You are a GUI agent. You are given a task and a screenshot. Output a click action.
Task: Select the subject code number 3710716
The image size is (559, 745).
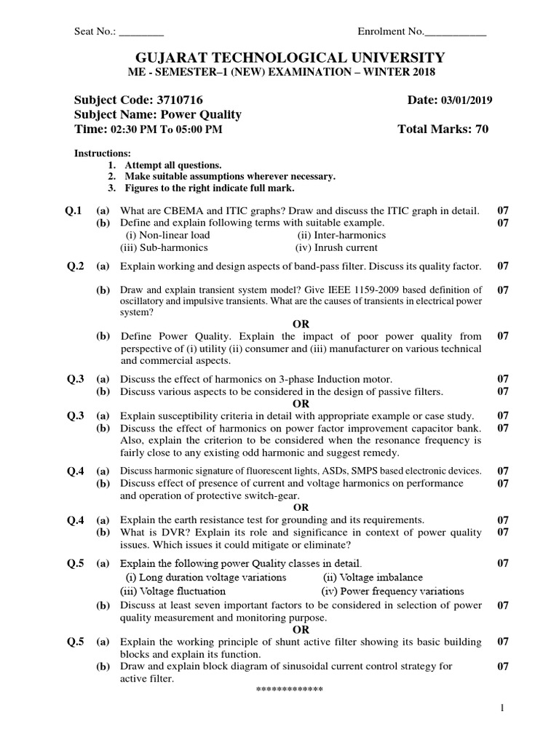pos(178,100)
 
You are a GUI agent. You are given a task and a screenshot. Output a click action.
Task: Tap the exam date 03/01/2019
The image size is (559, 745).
pos(467,100)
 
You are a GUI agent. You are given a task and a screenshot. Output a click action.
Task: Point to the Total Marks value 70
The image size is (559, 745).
pos(481,130)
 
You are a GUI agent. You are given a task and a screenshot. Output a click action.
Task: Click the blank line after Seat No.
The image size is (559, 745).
pos(141,32)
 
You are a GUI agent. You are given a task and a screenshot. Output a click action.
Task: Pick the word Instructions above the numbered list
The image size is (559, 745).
pos(103,154)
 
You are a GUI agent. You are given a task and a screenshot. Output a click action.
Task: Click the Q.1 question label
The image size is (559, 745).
pos(75,210)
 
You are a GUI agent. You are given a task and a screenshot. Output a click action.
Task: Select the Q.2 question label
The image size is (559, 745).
pos(75,266)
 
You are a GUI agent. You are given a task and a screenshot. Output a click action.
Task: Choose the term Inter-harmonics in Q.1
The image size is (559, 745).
pos(341,235)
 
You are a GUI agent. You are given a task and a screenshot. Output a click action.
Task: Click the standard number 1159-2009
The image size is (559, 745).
pos(370,290)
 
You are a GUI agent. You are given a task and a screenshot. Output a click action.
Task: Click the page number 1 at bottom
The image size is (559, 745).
pos(501,708)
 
